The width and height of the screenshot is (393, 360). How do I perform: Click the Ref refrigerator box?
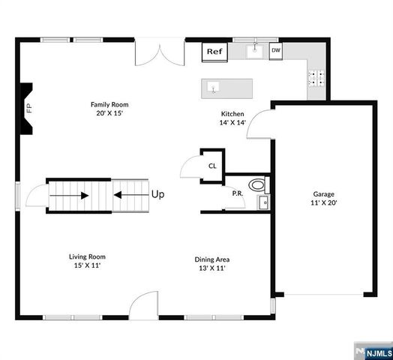[x=215, y=52]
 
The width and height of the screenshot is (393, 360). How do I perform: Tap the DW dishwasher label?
[x=276, y=51]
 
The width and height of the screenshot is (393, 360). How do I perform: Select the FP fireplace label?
[x=29, y=108]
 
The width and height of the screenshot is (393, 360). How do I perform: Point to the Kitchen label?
[x=232, y=118]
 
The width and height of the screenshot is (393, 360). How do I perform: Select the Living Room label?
[x=87, y=260]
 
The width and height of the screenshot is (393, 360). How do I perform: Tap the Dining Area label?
[x=212, y=263]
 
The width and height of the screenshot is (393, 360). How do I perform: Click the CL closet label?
[x=212, y=166]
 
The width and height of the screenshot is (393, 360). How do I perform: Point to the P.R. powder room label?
[x=237, y=193]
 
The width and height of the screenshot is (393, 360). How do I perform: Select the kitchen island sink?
[x=214, y=88]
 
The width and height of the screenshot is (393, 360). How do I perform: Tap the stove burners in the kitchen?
[x=316, y=75]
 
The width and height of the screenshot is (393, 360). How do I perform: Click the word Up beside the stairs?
[x=157, y=194]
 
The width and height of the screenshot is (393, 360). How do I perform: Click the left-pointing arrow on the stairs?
[x=129, y=196]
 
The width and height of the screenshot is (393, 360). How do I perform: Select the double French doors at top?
[x=160, y=52]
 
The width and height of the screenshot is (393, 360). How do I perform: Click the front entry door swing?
[x=143, y=306]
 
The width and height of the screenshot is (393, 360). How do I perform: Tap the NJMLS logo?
[x=373, y=351]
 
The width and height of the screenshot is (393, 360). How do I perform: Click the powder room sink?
[x=263, y=202]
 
